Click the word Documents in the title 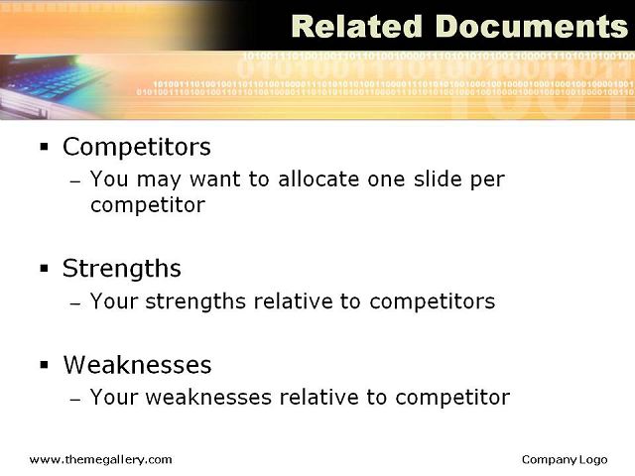click(532, 27)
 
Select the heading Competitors click(137, 147)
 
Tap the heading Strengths click(121, 269)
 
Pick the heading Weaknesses click(137, 365)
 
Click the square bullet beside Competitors click(44, 146)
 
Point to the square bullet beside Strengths click(44, 268)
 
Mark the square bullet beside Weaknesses click(44, 365)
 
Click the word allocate click(318, 178)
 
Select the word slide click(438, 178)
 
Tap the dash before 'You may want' click(75, 180)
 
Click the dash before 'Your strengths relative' click(75, 302)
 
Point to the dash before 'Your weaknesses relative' click(75, 399)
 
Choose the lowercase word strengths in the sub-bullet click(195, 302)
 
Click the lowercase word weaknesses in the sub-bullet click(208, 397)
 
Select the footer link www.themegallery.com click(101, 460)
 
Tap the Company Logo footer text click(565, 460)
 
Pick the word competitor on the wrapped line click(148, 205)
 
